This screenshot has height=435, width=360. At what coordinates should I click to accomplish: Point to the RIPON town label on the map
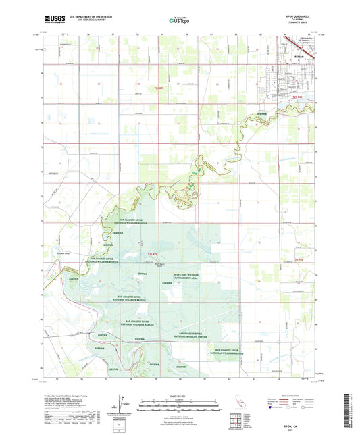point(299,57)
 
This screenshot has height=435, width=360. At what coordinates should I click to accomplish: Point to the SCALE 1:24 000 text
point(179,395)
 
